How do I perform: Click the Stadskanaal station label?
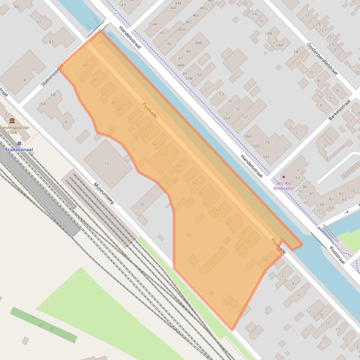(18, 150)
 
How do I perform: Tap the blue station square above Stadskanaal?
(19, 143)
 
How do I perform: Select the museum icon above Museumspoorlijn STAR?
(12, 121)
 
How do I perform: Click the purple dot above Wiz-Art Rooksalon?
(283, 177)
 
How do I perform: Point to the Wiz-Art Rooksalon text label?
(284, 186)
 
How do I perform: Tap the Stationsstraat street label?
(51, 75)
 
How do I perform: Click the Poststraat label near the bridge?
(337, 255)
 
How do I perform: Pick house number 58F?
(266, 157)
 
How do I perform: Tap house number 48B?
(198, 43)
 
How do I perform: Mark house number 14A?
(279, 45)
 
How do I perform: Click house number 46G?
(203, 8)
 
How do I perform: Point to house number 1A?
(23, 80)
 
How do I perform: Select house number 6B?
(53, 94)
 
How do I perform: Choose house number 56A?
(227, 118)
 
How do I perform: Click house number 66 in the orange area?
(266, 259)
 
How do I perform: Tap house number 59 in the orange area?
(201, 193)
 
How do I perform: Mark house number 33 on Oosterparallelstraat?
(307, 16)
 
